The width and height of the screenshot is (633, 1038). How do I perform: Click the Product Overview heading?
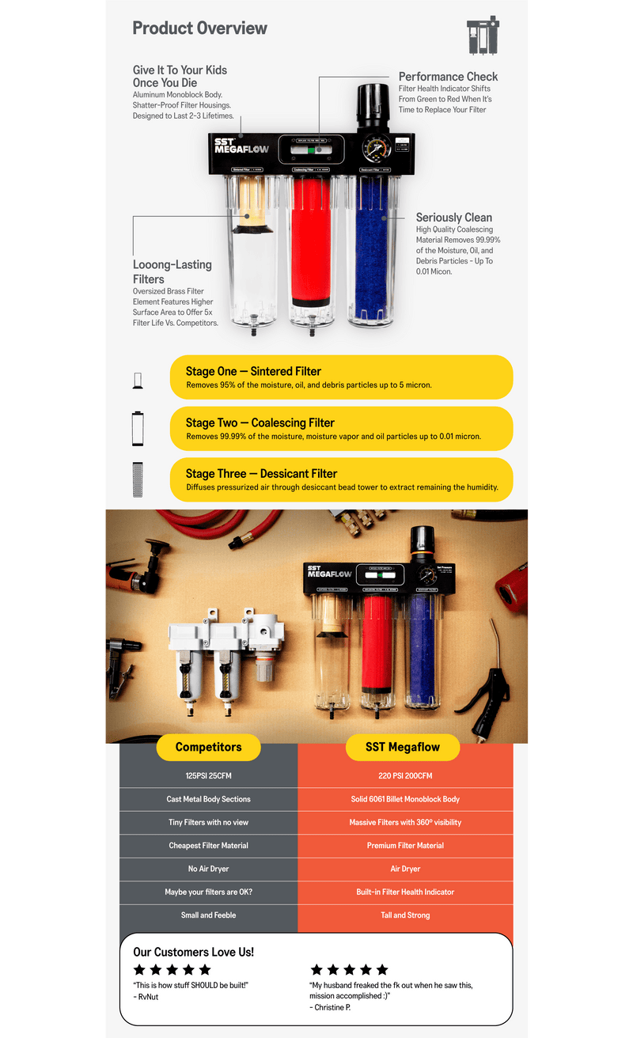199,28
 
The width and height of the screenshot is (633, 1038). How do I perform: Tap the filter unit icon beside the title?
483,36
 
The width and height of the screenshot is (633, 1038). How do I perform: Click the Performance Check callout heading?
448,77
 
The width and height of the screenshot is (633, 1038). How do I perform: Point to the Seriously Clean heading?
453,218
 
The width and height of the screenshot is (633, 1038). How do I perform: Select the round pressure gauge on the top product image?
377,149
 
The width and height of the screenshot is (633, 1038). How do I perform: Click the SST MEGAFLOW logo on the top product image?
241,146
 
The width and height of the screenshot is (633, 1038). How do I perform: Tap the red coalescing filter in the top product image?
311,241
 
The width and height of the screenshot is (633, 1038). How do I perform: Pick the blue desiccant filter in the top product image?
372,249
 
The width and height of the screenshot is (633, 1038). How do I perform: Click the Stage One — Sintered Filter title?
253,371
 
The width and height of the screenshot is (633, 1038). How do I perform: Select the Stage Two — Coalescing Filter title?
260,422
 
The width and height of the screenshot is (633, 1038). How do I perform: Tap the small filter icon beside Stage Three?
138,479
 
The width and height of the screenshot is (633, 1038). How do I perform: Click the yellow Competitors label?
209,747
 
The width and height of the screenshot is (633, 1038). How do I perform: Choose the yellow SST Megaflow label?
403,747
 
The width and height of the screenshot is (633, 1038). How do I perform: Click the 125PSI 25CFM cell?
209,775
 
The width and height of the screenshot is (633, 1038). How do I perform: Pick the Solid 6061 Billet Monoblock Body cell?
405,799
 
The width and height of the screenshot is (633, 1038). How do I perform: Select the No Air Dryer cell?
209,869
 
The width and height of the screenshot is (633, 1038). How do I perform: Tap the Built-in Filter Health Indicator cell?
405,892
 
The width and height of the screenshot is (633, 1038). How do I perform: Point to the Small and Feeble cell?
209,915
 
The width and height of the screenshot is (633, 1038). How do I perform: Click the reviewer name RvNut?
148,997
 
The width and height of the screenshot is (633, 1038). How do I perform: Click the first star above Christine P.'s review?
316,969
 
